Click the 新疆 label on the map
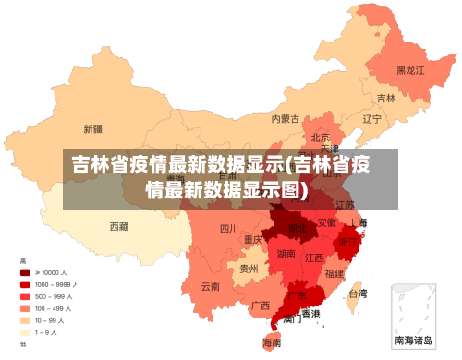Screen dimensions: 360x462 coord(92,128)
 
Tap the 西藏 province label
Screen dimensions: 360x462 coord(119,226)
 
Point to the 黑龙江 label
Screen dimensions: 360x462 coord(410,69)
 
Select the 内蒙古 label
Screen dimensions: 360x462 coord(286,118)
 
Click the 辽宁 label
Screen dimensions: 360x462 coord(371,119)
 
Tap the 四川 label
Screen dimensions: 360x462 coord(229,228)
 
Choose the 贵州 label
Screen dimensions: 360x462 coord(249,269)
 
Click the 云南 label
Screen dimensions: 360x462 coord(211,286)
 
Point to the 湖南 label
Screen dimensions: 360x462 coord(286,253)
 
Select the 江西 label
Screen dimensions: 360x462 coord(315,258)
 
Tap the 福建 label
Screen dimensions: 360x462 coord(334,273)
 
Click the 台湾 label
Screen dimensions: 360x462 coord(357,294)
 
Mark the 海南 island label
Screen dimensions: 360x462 coord(272,342)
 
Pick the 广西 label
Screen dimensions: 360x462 coord(261,306)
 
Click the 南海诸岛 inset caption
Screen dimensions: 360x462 coord(413,340)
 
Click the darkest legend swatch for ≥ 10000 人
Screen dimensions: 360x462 coord(25,272)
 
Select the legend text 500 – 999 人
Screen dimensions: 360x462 coord(55,296)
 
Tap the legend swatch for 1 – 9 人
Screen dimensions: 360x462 coord(25,331)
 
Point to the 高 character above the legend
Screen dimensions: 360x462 coord(23,261)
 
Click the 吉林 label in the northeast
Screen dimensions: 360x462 coord(386,98)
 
